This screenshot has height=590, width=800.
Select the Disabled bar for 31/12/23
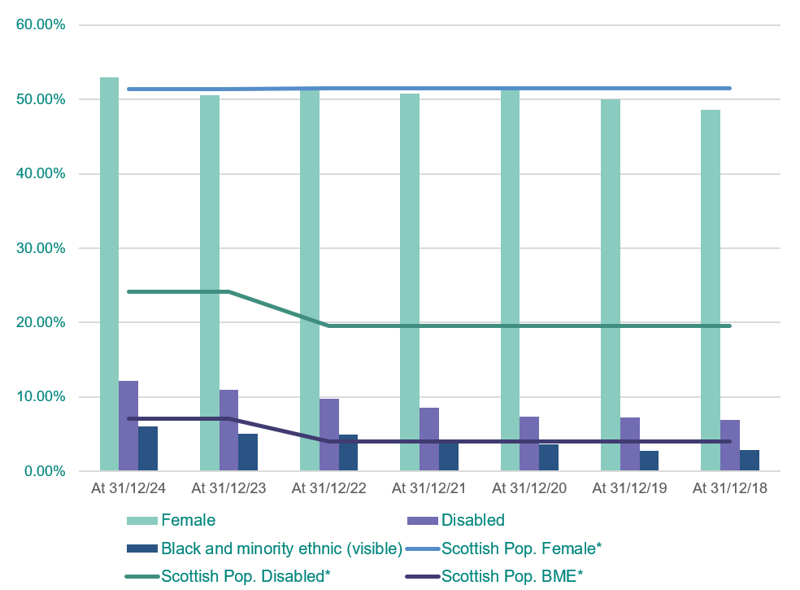tap(228, 430)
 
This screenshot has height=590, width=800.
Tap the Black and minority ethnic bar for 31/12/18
tap(749, 461)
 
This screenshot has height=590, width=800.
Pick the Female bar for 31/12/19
tap(610, 285)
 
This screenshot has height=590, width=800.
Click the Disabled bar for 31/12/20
tap(529, 444)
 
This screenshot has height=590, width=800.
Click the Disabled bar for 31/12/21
tap(429, 439)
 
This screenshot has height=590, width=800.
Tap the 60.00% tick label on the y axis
tap(41, 24)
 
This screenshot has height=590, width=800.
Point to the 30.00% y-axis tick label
tap(41, 248)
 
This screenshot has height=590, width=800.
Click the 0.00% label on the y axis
tap(44, 471)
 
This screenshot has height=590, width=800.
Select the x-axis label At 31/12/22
tap(328, 489)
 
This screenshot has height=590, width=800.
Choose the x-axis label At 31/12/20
tap(529, 489)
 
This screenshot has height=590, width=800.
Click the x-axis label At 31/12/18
tap(729, 489)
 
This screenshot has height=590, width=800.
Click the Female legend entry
tap(188, 520)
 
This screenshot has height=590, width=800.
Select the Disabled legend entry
tap(472, 520)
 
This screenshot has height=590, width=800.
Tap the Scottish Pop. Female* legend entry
tap(520, 548)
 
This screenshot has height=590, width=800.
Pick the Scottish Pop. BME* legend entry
tap(512, 577)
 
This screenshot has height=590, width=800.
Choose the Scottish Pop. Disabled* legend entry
tap(246, 577)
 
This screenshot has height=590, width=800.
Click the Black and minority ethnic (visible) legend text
tap(281, 548)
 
